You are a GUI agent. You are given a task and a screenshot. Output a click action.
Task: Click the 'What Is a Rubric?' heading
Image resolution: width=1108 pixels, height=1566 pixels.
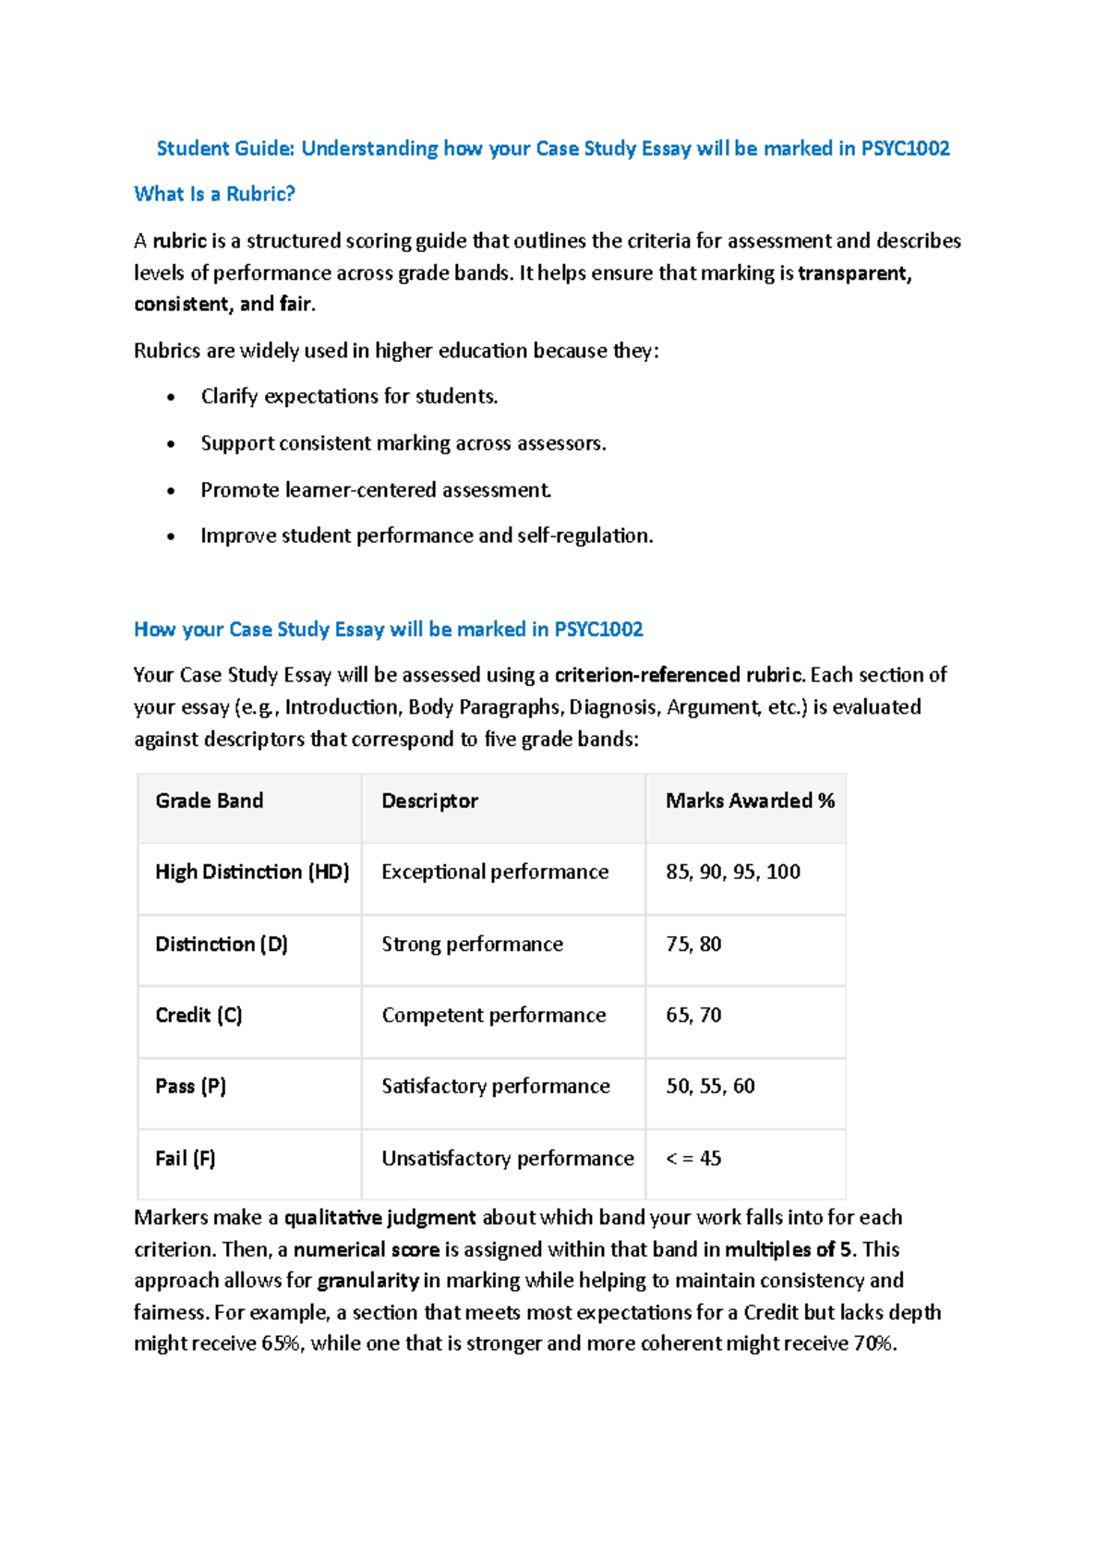[214, 194]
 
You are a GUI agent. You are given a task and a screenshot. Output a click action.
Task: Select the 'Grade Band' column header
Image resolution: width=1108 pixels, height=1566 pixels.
[209, 801]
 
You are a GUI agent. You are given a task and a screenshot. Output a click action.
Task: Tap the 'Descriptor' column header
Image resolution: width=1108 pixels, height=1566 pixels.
[429, 801]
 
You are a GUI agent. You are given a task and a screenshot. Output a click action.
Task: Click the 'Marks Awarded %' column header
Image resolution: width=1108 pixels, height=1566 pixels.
[750, 801]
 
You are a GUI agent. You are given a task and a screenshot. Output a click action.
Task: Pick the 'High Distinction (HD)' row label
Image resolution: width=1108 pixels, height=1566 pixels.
[252, 872]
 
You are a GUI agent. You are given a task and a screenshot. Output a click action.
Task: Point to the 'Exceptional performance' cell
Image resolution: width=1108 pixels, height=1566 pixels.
[495, 872]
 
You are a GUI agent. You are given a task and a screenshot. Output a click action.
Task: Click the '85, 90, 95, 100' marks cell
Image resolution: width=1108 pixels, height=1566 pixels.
[733, 872]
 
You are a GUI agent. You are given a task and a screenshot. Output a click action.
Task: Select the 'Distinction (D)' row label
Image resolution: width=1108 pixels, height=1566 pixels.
[222, 944]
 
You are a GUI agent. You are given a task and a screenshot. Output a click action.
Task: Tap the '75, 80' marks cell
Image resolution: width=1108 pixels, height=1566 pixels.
[693, 944]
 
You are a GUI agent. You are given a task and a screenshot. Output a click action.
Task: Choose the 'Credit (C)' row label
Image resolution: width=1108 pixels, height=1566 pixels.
[199, 1015]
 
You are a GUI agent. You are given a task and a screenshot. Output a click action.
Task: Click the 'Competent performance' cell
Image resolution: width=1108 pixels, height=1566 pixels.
[494, 1015]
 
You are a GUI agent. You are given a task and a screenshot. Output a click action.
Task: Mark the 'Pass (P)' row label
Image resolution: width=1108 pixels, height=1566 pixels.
[190, 1086]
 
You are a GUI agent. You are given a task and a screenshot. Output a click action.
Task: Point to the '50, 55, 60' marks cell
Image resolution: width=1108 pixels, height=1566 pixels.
[710, 1086]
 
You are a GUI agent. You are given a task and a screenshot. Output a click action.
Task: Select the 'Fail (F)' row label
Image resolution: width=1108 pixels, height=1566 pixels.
[185, 1158]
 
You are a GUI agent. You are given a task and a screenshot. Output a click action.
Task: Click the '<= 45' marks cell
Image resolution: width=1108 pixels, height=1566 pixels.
[693, 1158]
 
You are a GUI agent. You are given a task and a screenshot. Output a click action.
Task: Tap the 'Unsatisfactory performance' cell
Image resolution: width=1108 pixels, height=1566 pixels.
[508, 1158]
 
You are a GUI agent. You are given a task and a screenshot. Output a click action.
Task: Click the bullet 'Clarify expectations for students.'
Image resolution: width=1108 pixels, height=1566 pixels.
[349, 396]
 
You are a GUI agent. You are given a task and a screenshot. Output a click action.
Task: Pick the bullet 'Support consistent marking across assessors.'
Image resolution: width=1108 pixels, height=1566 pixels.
[403, 443]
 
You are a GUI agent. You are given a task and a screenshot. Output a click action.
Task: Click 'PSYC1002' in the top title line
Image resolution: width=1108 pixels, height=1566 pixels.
[905, 149]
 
